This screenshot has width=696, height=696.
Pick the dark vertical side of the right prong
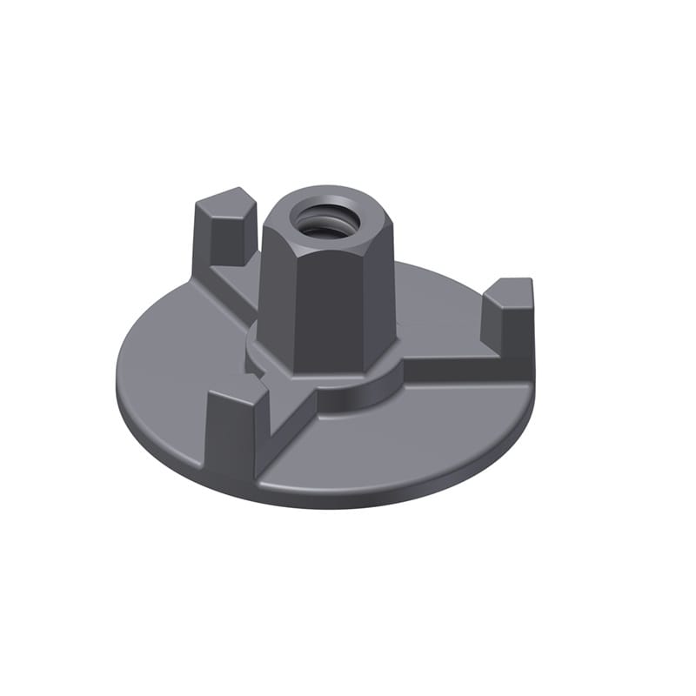click(x=519, y=335)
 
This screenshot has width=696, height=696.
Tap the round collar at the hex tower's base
click(x=365, y=383)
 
